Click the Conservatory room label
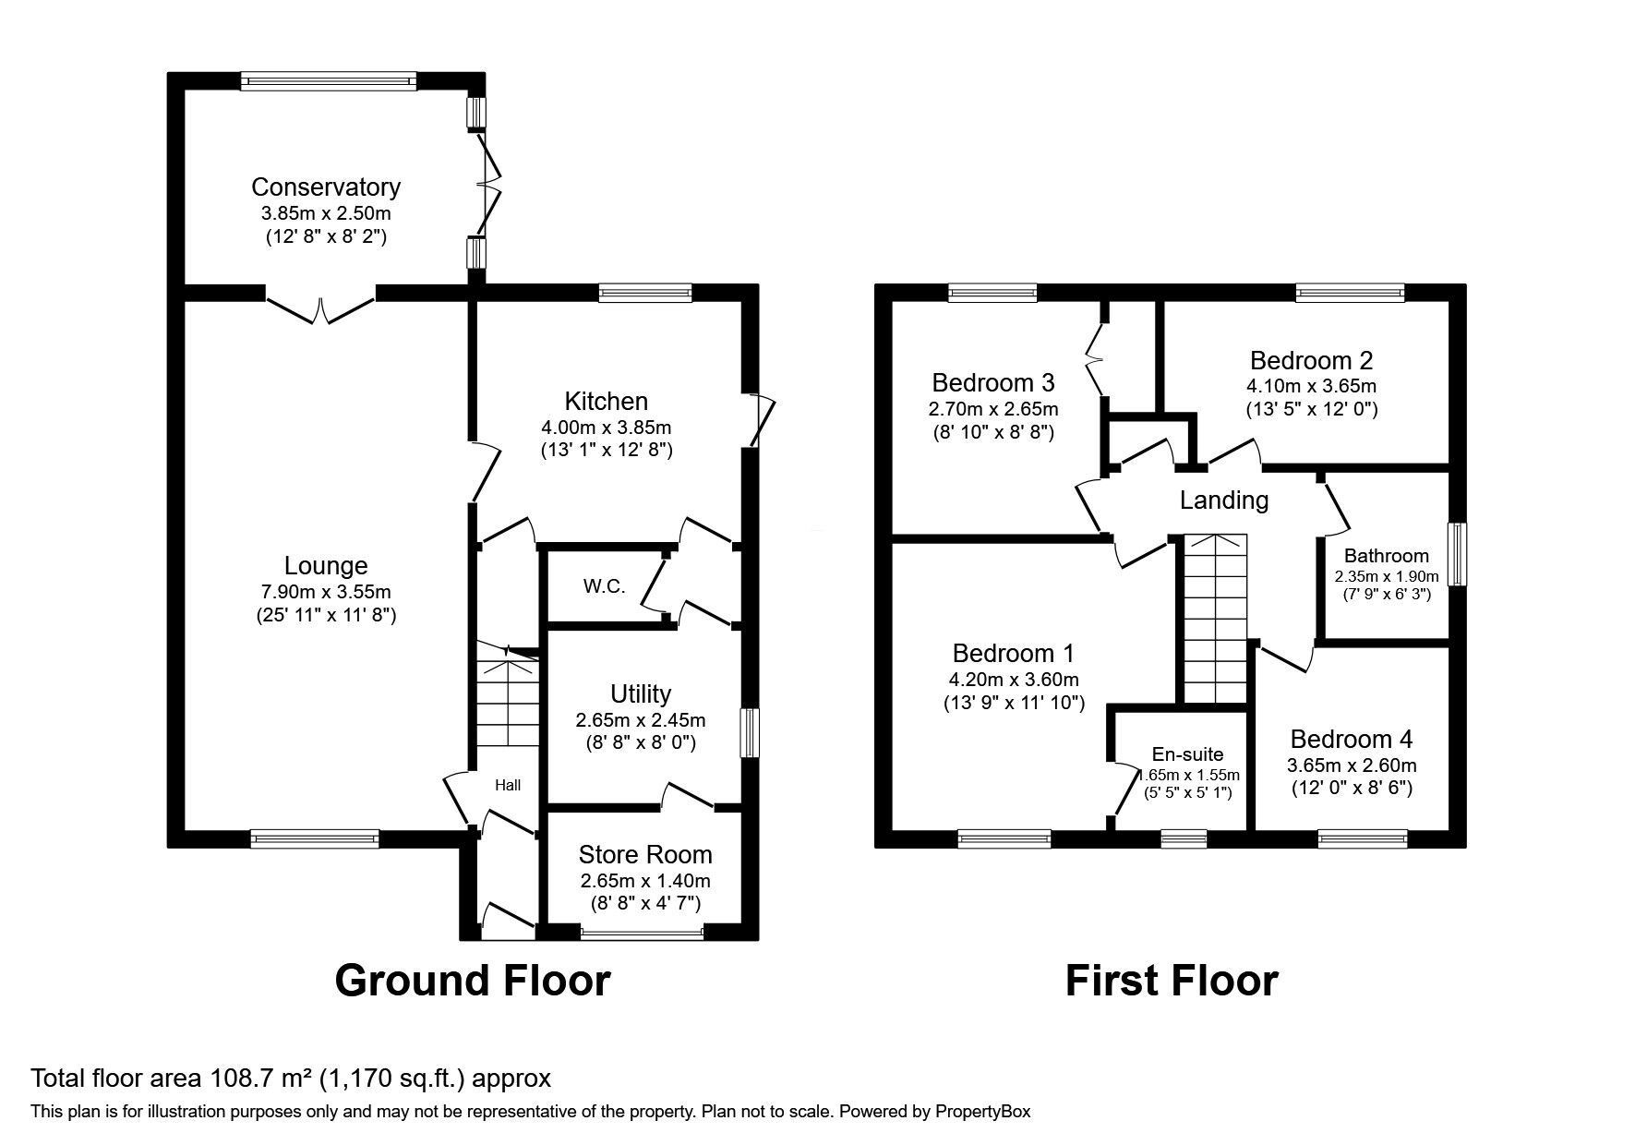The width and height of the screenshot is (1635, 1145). (326, 187)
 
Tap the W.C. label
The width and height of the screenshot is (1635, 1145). (604, 586)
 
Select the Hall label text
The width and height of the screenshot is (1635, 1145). (508, 785)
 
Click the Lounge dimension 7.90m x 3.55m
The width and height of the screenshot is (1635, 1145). (326, 591)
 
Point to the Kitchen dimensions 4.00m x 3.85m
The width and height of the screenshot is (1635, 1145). (606, 428)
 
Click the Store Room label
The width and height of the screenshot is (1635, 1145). (645, 854)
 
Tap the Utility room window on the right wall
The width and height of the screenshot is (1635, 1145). (751, 733)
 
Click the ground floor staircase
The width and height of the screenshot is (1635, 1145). (508, 702)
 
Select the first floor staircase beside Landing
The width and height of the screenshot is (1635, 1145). (1215, 619)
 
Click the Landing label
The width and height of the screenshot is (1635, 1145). (1224, 500)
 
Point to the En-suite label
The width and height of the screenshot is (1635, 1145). (1187, 753)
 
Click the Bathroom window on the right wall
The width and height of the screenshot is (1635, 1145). (1457, 554)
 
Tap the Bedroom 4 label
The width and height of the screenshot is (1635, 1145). (1351, 739)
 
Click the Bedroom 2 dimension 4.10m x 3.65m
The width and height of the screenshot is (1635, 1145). (1311, 386)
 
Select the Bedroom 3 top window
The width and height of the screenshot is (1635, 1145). (992, 293)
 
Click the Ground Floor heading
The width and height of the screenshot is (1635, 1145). (472, 980)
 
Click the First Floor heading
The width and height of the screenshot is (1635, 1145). (1171, 980)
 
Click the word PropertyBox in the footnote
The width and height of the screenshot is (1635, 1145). (981, 1112)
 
